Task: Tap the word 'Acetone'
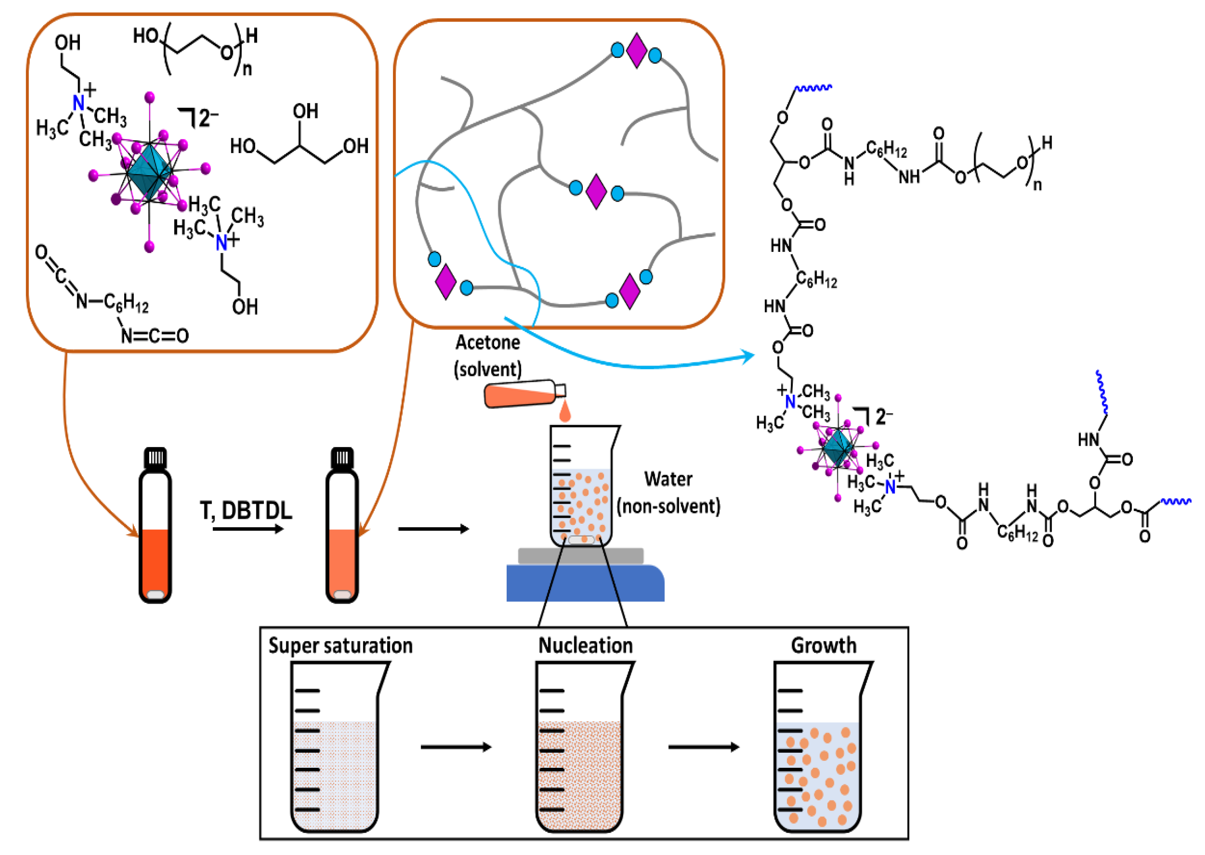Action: pyautogui.click(x=487, y=343)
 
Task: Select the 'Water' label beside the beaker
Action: pyautogui.click(x=667, y=479)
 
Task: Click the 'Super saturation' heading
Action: pyautogui.click(x=340, y=646)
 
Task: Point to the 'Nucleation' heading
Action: pyautogui.click(x=585, y=646)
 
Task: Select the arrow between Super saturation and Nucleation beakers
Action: pyautogui.click(x=455, y=747)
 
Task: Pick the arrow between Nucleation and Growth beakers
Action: pyautogui.click(x=703, y=747)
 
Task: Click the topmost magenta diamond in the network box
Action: pyautogui.click(x=637, y=51)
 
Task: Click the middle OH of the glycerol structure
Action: pyautogui.click(x=305, y=111)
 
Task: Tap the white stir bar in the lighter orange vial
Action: pyautogui.click(x=342, y=594)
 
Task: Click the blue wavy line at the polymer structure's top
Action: pyautogui.click(x=813, y=88)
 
